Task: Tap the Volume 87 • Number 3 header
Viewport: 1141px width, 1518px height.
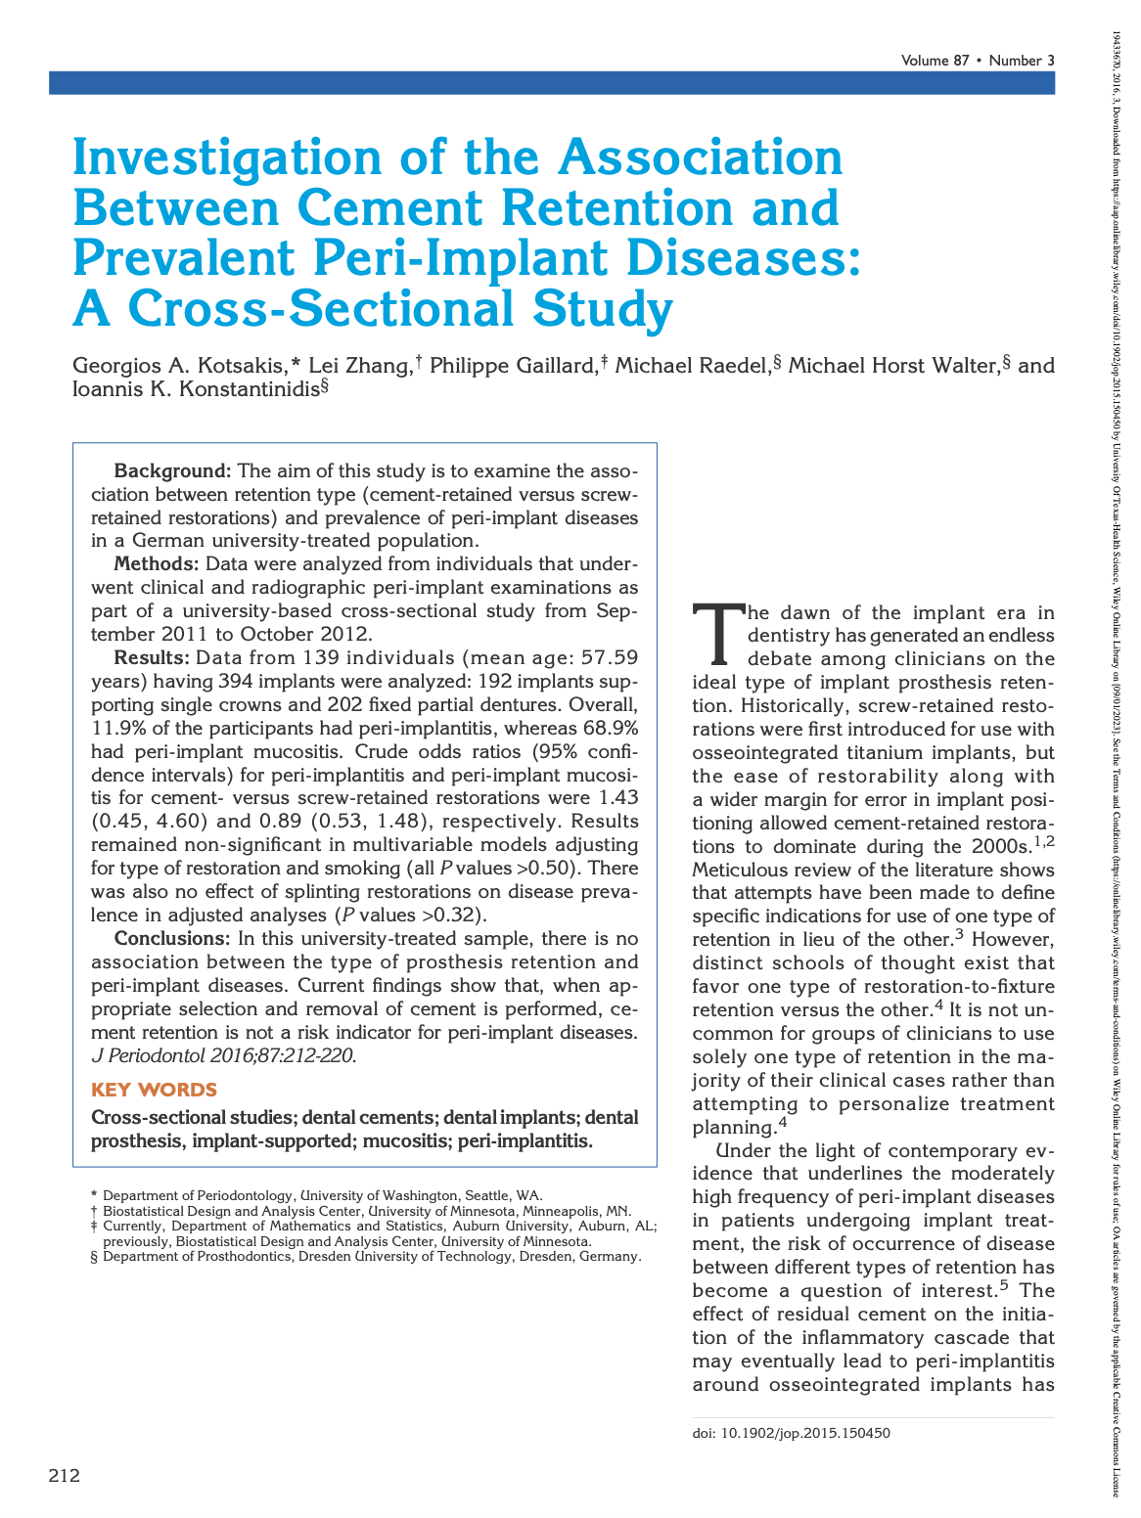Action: (x=978, y=61)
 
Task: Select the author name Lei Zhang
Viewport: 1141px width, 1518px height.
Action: (x=358, y=366)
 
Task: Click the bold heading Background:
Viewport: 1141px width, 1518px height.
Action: (x=172, y=471)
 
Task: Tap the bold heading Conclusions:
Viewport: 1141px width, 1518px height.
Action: (x=171, y=939)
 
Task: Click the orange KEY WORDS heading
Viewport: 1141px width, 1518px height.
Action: (x=154, y=1090)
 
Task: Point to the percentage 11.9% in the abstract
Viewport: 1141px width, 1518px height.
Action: (x=115, y=728)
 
